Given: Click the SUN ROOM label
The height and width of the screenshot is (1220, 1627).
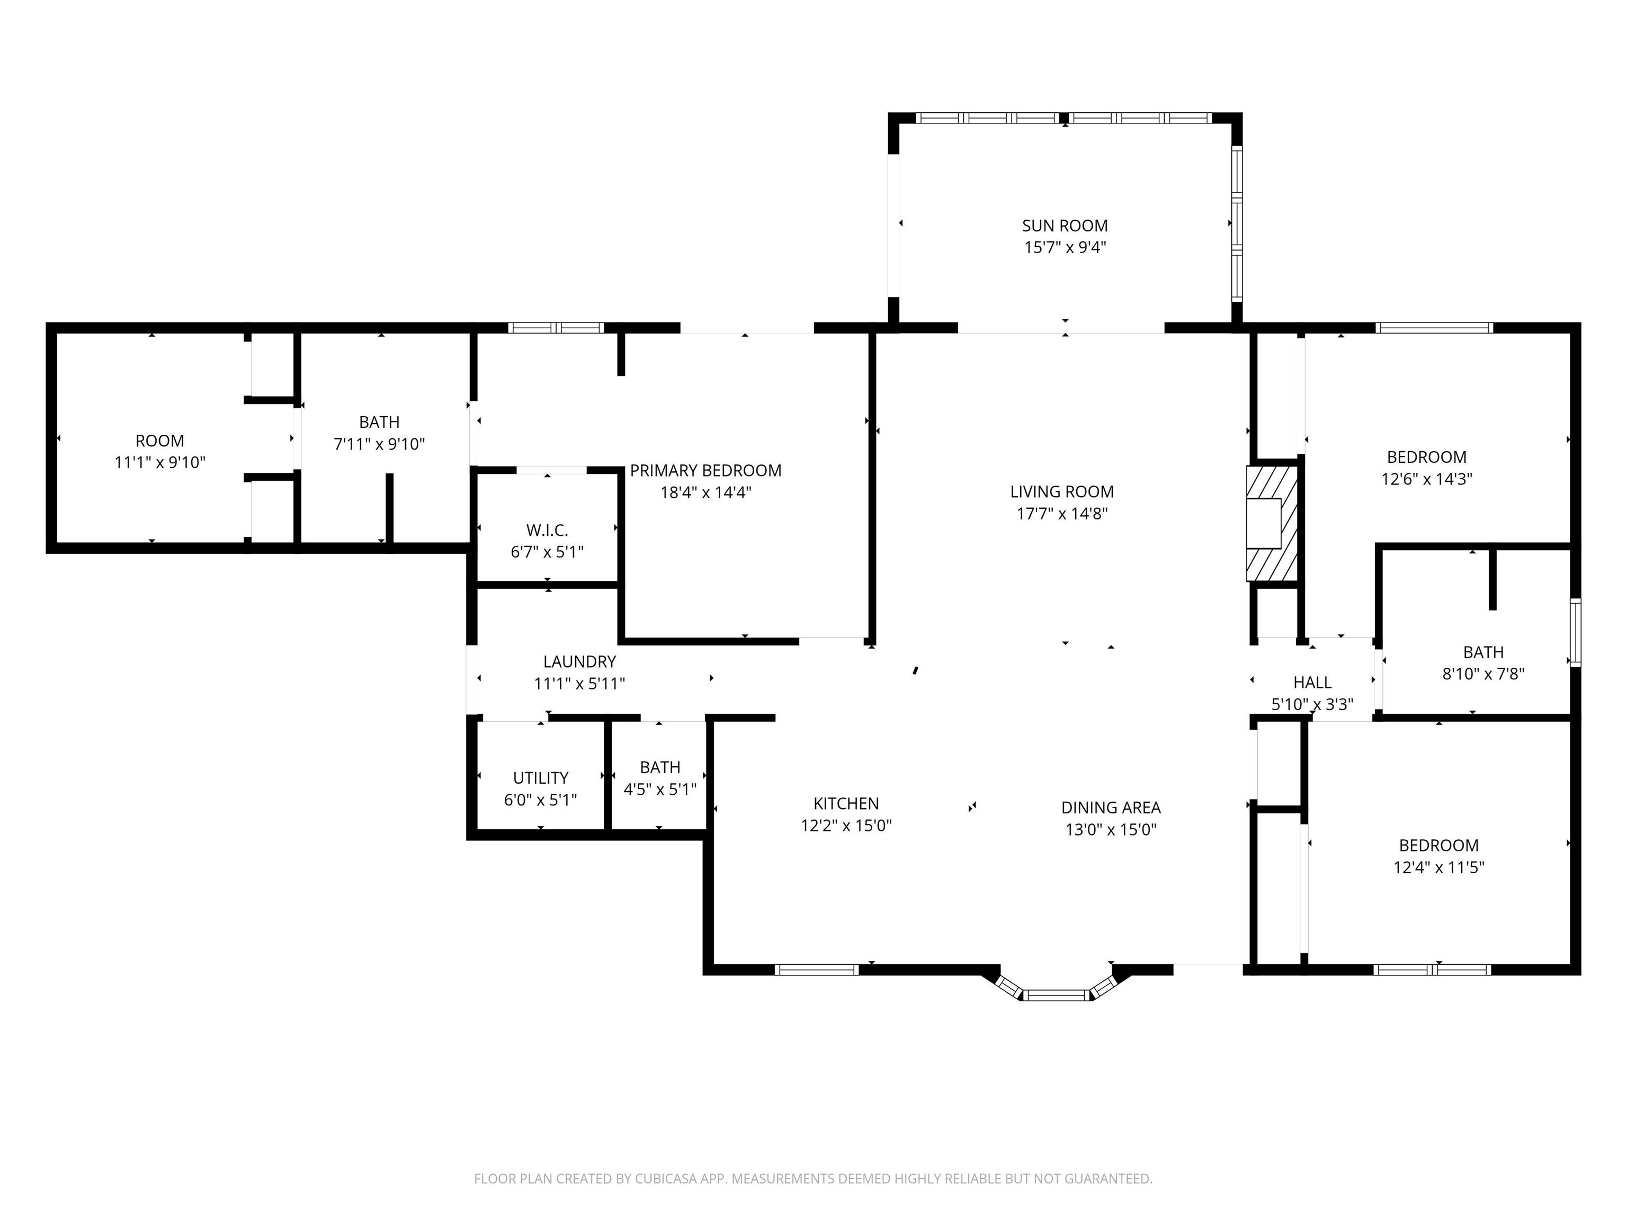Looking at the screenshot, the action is pos(1065,226).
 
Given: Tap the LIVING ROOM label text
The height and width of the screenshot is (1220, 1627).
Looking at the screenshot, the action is pos(1061,491).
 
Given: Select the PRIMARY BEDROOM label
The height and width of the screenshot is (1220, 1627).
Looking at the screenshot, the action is pos(705,471).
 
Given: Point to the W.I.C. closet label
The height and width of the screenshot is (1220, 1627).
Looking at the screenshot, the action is pos(547,530).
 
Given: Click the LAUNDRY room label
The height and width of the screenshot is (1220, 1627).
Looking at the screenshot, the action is pos(579,662).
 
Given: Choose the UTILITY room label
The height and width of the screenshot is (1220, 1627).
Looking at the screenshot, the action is pos(541,778).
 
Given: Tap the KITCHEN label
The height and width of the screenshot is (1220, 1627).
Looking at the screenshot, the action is pos(846,804).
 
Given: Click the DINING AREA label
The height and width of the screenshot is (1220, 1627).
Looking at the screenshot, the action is pos(1111,808).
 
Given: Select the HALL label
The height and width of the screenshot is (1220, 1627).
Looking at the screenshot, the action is pos(1312,683).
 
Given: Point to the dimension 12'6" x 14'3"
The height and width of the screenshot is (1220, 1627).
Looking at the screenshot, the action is pos(1426,479).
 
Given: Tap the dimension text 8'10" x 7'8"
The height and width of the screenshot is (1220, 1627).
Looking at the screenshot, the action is pos(1483,674).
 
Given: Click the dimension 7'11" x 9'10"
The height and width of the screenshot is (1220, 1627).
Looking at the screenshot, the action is pos(380,444).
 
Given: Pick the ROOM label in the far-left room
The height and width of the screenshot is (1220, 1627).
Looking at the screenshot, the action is pos(159,441).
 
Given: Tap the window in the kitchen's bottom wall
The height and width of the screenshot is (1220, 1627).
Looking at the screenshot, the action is pos(817,969).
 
